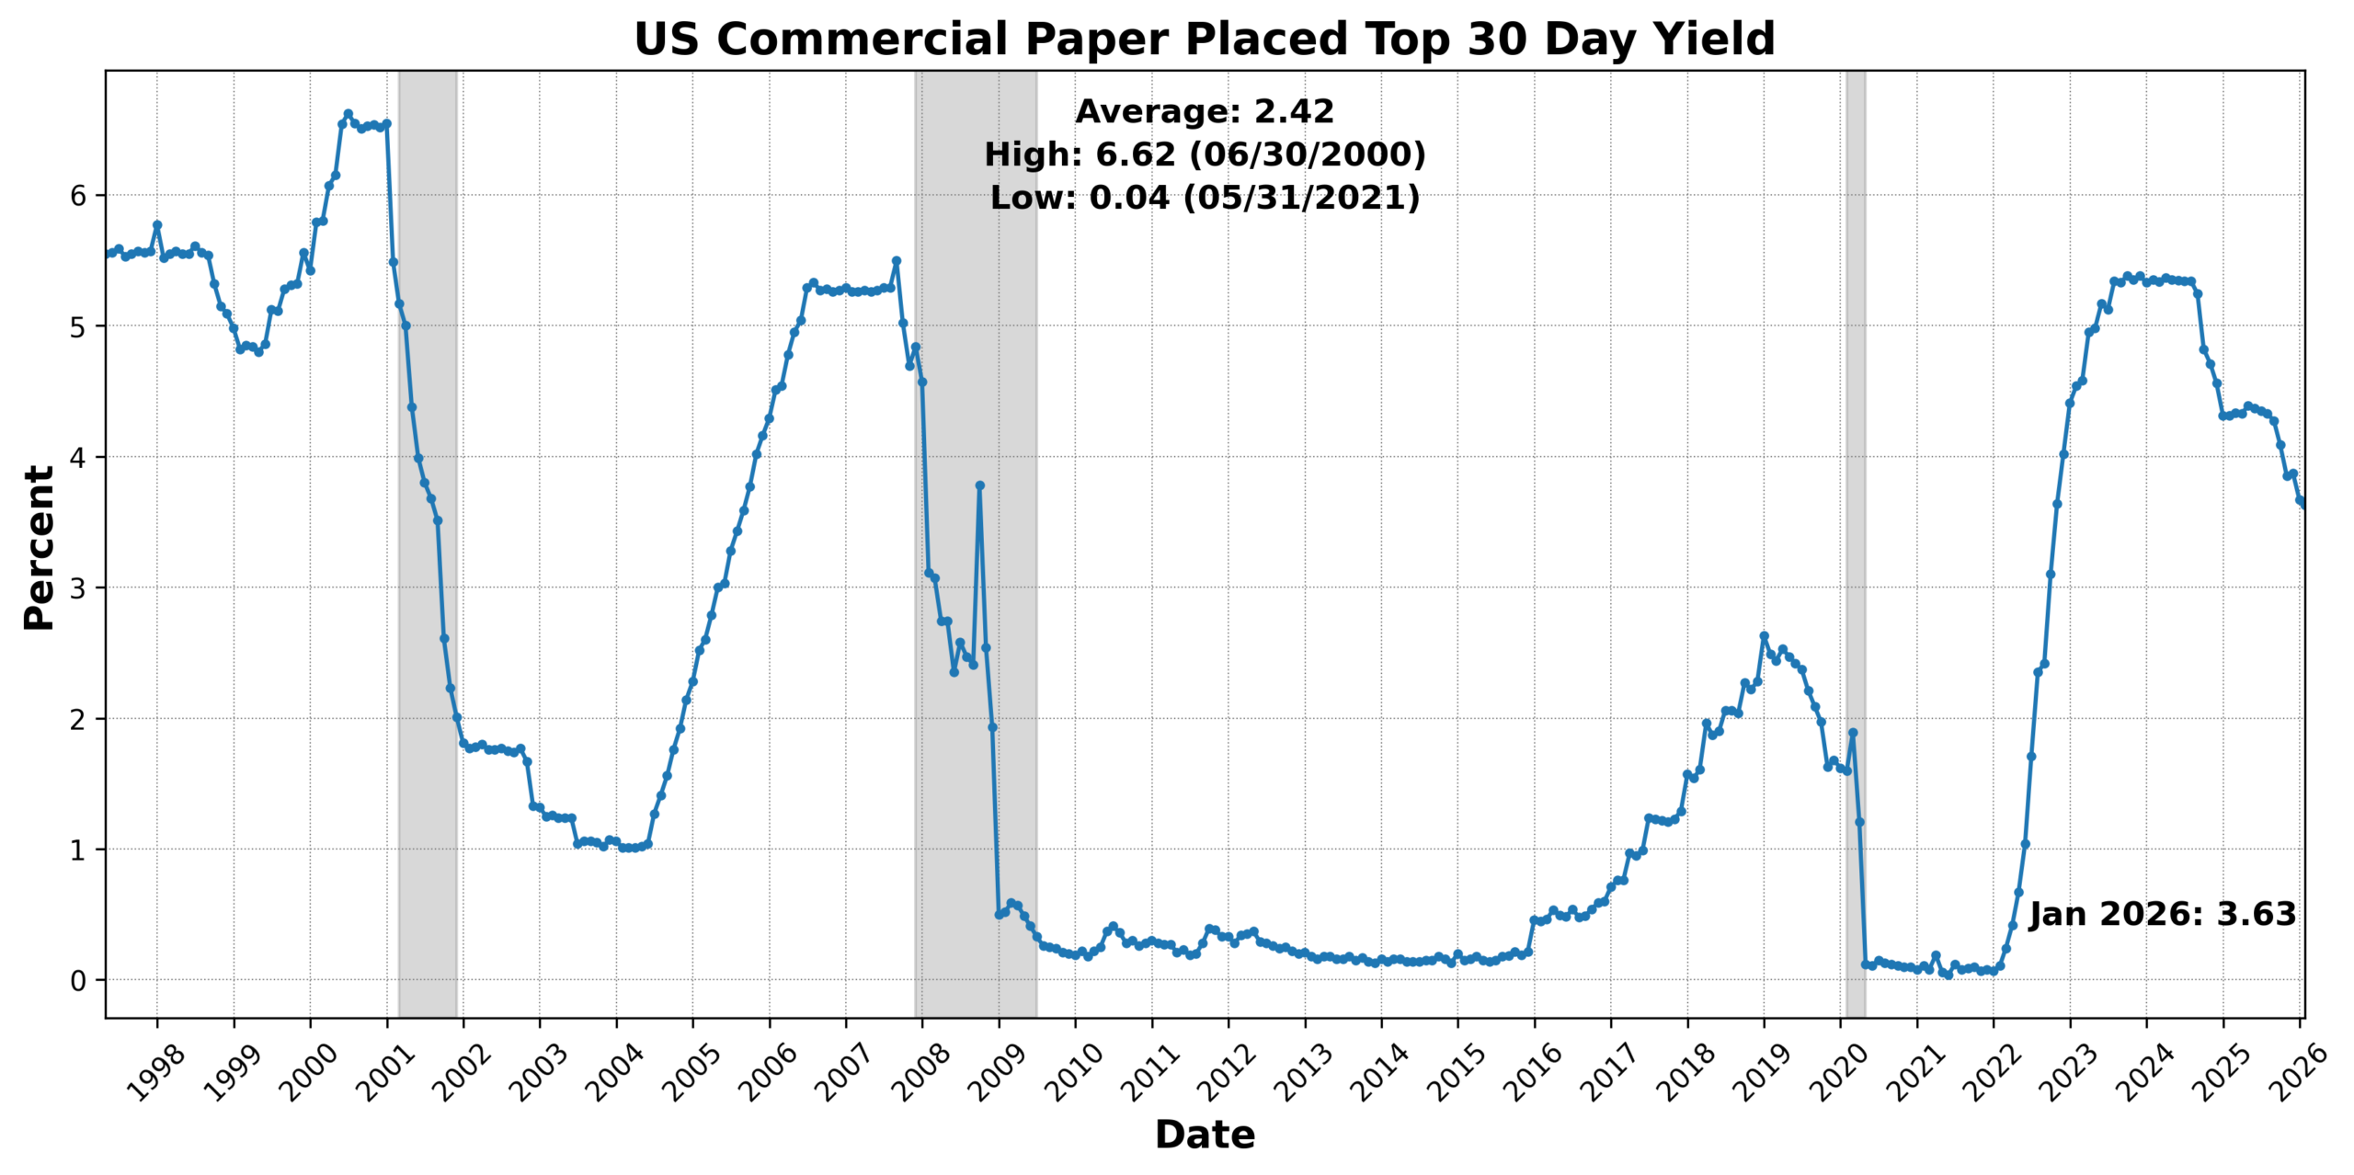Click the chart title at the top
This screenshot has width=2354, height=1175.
point(1204,40)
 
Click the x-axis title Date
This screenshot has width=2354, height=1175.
point(1205,1135)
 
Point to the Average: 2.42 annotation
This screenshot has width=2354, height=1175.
point(1205,111)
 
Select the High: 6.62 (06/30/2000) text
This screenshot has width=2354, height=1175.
point(1205,154)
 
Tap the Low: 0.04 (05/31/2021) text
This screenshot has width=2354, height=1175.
point(1205,198)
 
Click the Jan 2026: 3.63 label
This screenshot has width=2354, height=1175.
point(2162,914)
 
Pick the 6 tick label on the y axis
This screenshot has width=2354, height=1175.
point(78,196)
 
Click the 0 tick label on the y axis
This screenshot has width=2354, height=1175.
point(78,981)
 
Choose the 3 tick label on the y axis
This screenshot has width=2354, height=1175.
point(78,588)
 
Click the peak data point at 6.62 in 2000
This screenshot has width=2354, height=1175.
point(348,114)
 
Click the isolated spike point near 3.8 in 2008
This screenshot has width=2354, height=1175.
point(979,485)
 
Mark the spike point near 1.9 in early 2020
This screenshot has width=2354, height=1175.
point(1853,733)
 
